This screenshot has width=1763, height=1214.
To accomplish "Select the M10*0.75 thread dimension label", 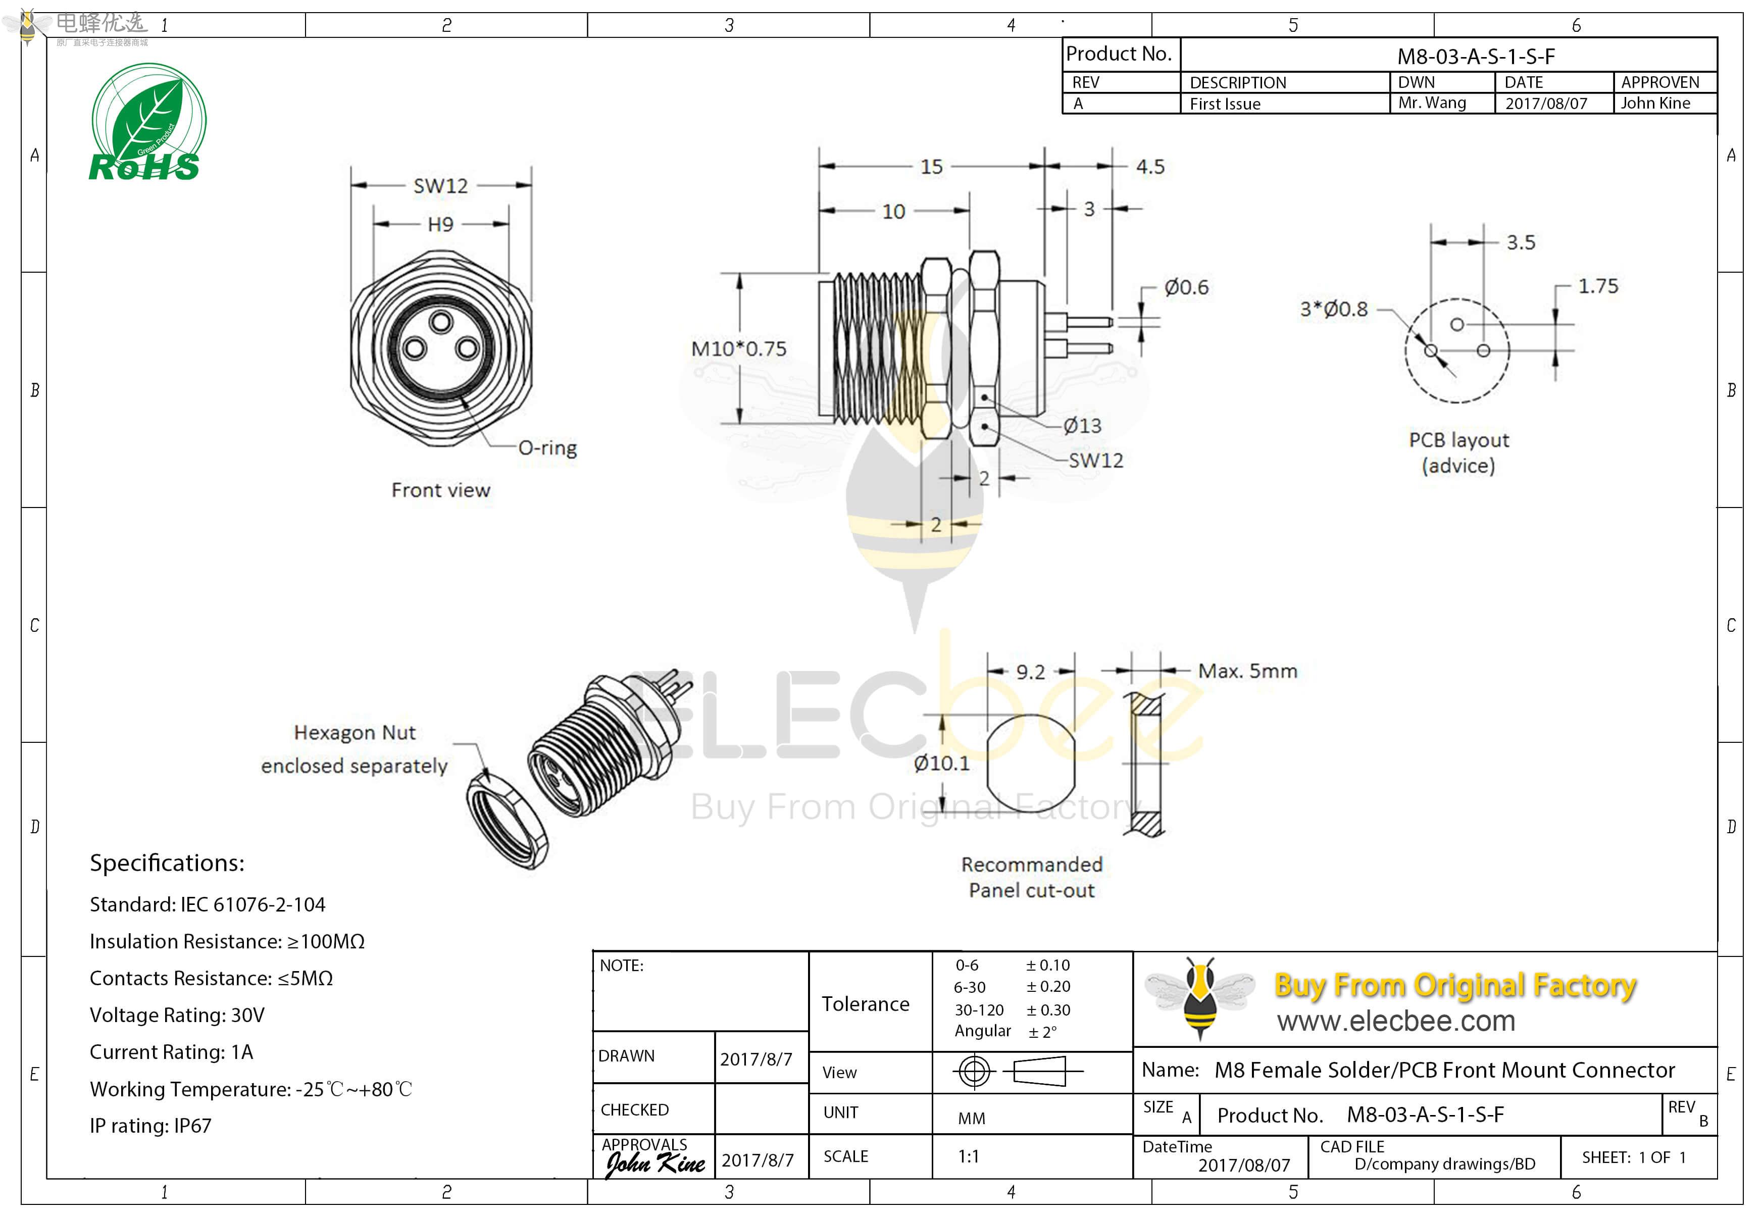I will coord(738,349).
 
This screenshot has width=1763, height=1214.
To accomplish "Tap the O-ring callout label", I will coord(547,448).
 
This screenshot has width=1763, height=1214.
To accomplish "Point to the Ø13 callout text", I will coord(1082,426).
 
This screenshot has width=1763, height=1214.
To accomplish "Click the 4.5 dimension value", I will coord(1150,167).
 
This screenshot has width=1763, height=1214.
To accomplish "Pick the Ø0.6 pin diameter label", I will coord(1186,287).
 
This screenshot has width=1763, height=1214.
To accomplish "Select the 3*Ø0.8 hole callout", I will coord(1333,310).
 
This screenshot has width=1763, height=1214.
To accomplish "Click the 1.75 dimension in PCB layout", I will coord(1598,287).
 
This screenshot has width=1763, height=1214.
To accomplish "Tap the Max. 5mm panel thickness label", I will coord(1247,672).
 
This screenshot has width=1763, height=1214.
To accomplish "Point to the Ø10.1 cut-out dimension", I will coord(941,763).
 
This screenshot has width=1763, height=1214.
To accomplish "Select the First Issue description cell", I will coord(1225,104).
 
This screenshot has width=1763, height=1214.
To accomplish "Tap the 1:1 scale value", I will coord(968,1157).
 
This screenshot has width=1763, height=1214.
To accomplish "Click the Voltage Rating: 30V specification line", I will coord(177,1016).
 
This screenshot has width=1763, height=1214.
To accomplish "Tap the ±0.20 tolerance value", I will coord(1048,987).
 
